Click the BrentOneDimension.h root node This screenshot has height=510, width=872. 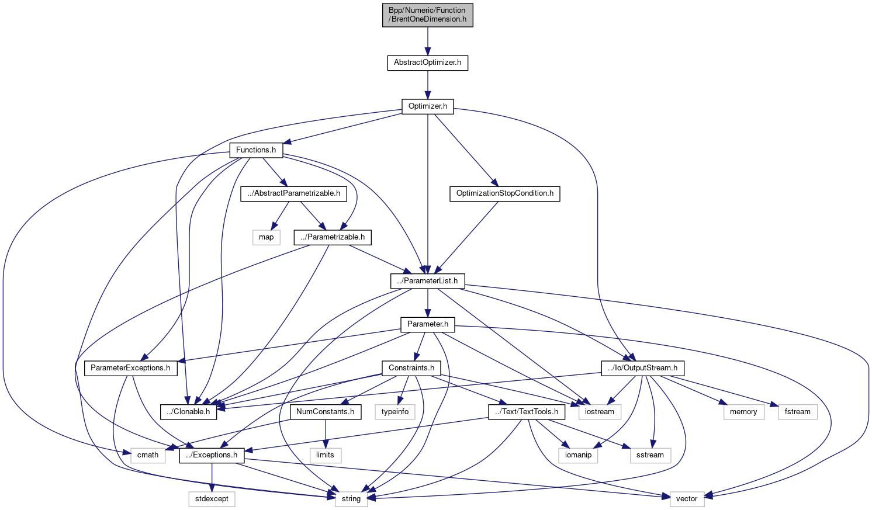(x=427, y=15)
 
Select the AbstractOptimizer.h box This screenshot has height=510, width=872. (x=427, y=63)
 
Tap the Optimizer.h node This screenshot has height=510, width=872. (x=427, y=106)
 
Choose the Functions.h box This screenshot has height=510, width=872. (x=256, y=150)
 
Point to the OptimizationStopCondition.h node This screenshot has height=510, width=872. (x=504, y=193)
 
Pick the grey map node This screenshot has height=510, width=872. (x=266, y=237)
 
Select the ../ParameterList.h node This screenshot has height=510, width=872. (x=427, y=281)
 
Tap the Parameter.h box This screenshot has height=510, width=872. (x=427, y=324)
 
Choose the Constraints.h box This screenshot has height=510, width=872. (x=411, y=368)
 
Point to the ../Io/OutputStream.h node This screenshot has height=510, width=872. (x=642, y=368)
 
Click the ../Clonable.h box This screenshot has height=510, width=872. (x=188, y=412)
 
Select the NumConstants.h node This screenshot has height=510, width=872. (x=325, y=412)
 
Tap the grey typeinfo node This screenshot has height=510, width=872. (x=395, y=412)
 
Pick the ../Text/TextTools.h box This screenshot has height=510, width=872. (x=527, y=412)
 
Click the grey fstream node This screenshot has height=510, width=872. (x=797, y=412)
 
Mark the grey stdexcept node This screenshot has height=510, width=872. (x=212, y=499)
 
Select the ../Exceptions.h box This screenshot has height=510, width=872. (x=212, y=455)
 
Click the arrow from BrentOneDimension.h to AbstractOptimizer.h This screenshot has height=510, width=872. (x=427, y=41)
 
